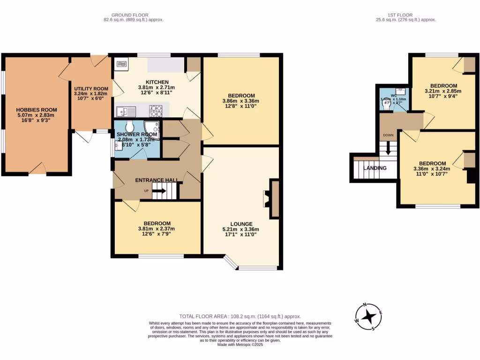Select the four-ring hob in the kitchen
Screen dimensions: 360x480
[156, 111]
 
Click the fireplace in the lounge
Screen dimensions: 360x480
[272, 199]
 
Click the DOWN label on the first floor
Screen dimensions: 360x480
[388, 135]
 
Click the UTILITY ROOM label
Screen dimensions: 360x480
[91, 88]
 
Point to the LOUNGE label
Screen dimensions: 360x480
[241, 224]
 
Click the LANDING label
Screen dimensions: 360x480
[375, 168]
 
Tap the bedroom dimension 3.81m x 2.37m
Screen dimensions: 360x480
[157, 229]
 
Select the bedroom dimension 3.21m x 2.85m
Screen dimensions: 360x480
[441, 91]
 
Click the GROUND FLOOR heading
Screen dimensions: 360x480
[134, 15]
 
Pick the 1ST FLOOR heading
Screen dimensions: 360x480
[406, 15]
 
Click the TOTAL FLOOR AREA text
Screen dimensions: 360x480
[240, 317]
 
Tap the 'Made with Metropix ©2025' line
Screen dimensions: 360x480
[240, 345]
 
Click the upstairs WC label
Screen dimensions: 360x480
[394, 96]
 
